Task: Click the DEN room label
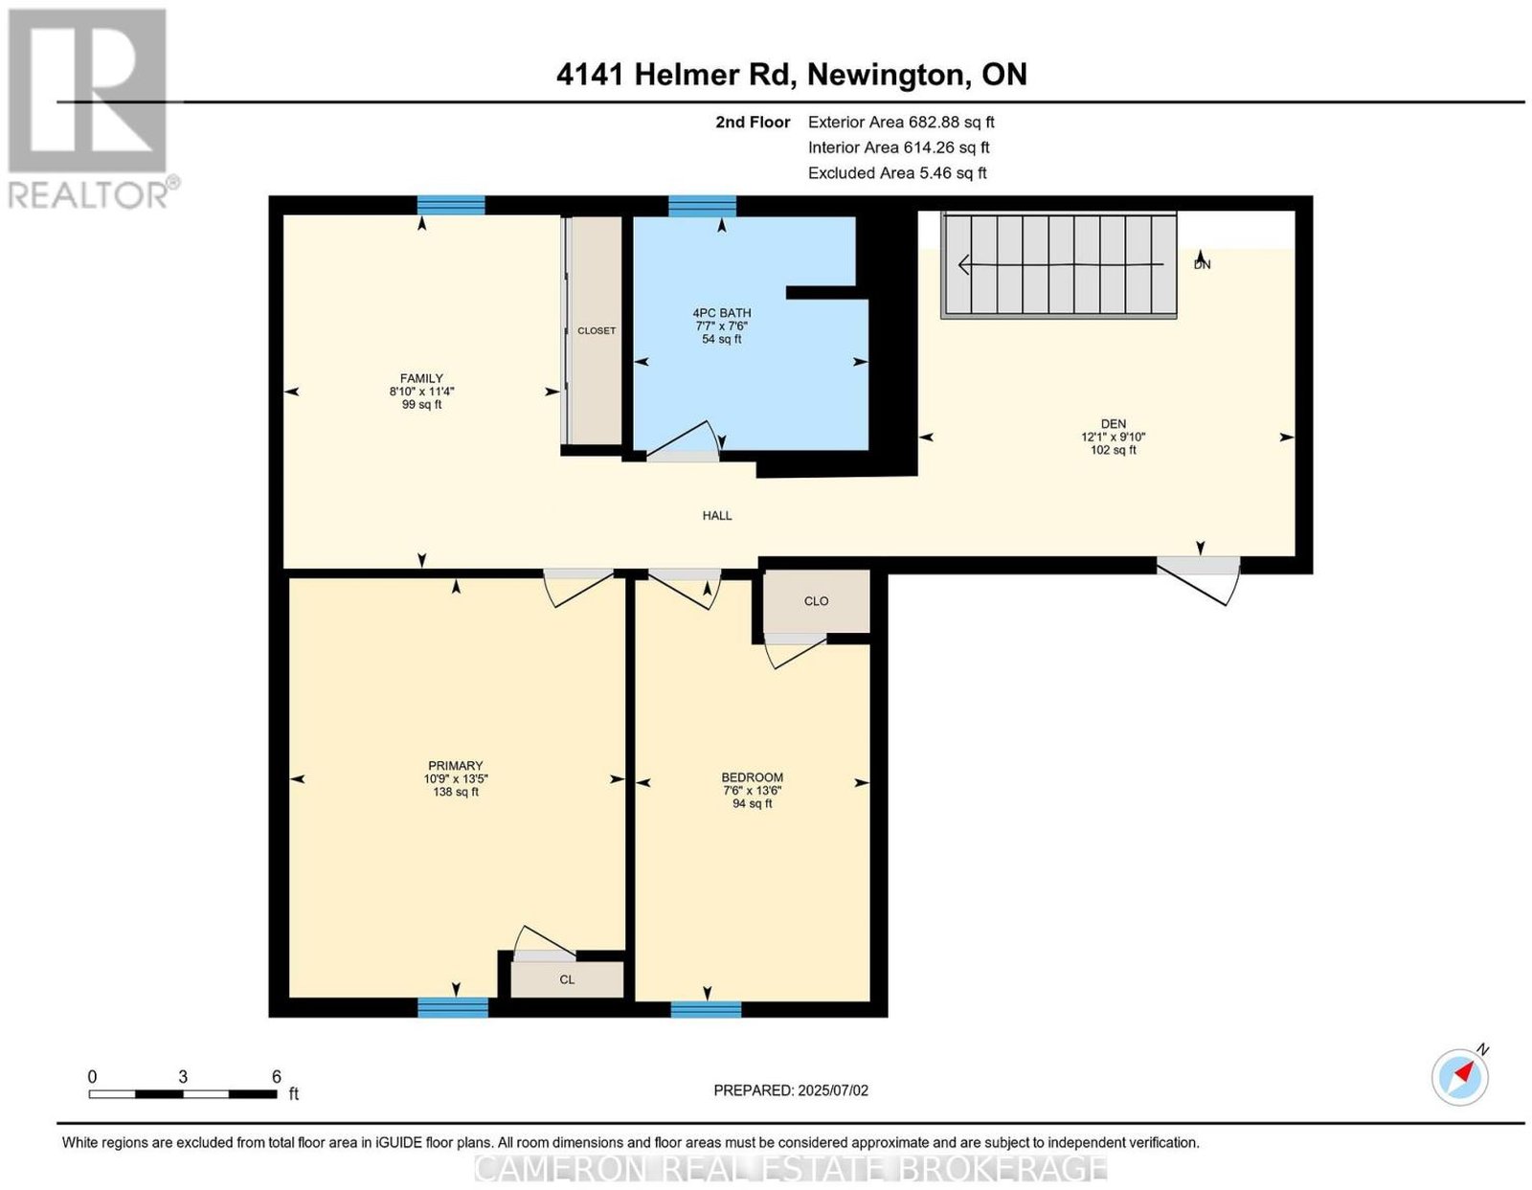(1114, 423)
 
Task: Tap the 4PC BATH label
(721, 313)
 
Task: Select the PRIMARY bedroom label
(456, 766)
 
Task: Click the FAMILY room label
(421, 378)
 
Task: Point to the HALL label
(717, 516)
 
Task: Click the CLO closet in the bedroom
(817, 601)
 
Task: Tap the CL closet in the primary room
(567, 979)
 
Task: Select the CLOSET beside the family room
(596, 330)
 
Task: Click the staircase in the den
(1059, 265)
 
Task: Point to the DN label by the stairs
(1202, 265)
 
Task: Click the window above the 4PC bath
(702, 206)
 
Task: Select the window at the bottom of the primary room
(453, 1007)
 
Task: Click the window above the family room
(451, 205)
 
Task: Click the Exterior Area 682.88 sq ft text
(901, 122)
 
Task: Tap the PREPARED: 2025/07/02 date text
(791, 1090)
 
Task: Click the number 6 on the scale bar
(277, 1076)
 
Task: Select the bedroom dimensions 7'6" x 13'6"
(753, 791)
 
